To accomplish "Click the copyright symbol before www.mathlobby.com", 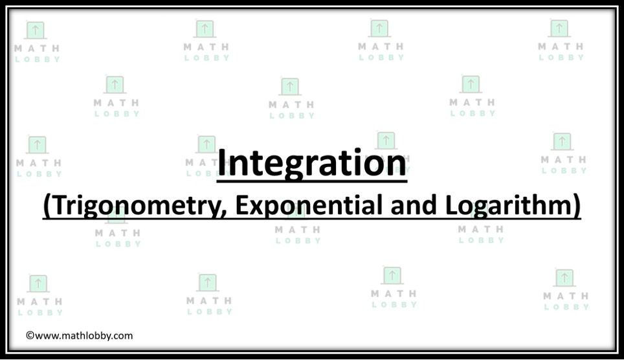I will pos(29,335).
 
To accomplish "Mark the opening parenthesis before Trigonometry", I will pos(47,207).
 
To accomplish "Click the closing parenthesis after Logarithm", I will pos(576,207).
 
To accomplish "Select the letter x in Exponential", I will pos(256,207).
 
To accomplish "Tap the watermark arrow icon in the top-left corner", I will pos(36,30).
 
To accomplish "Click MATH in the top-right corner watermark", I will pos(561,47).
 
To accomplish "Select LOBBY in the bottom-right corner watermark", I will pos(566,307).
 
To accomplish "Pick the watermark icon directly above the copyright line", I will pos(38,284).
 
